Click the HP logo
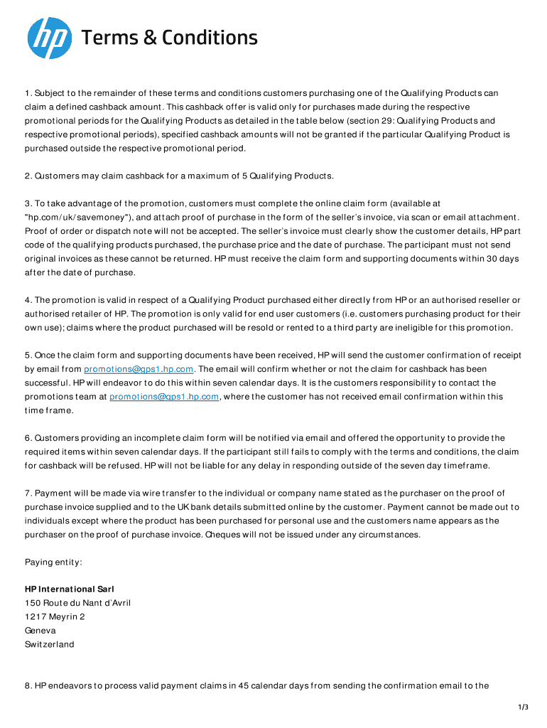point(49,38)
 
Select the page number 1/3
point(524,707)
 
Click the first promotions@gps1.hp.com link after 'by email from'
point(139,369)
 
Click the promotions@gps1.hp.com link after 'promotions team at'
point(164,397)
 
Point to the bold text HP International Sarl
point(70,589)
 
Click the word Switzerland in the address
point(49,645)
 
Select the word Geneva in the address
point(40,631)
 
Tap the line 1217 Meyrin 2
point(55,617)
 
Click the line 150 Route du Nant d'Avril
point(77,603)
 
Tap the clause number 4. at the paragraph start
point(28,300)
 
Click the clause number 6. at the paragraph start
point(28,438)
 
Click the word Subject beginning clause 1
point(50,93)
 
